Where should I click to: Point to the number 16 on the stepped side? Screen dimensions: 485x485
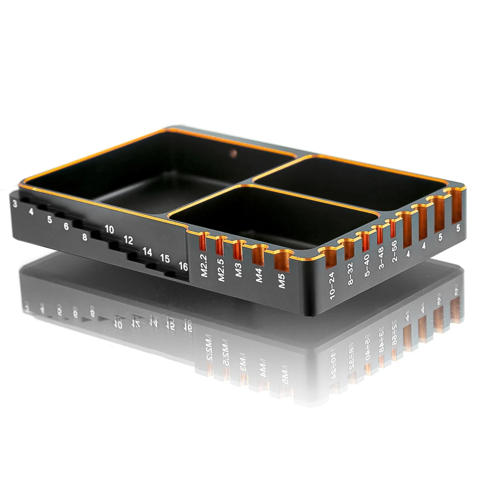[x=183, y=266]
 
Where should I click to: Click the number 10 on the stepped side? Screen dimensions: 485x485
[x=109, y=229]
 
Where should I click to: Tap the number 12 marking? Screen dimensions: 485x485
[x=128, y=240]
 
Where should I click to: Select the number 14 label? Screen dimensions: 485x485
[x=147, y=252]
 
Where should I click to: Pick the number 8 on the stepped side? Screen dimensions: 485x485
[x=85, y=237]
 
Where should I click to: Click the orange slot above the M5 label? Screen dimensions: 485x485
[x=282, y=260]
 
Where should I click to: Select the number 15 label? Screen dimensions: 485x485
[x=165, y=259]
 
